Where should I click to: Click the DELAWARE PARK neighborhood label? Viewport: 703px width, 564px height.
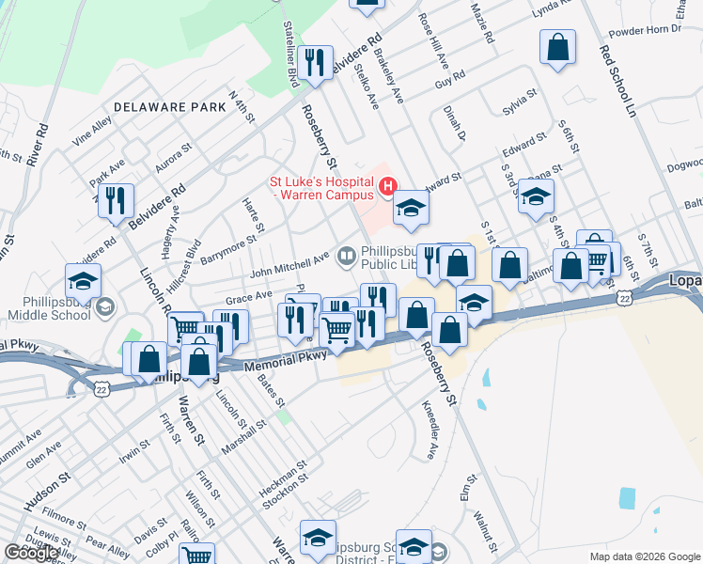click(169, 107)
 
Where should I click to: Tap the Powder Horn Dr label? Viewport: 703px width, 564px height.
click(644, 30)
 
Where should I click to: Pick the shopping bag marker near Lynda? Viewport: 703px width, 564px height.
click(558, 47)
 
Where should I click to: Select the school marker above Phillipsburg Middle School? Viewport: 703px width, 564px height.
click(83, 280)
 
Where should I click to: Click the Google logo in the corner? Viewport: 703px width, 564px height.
click(31, 553)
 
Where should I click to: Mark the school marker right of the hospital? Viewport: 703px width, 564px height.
click(410, 208)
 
